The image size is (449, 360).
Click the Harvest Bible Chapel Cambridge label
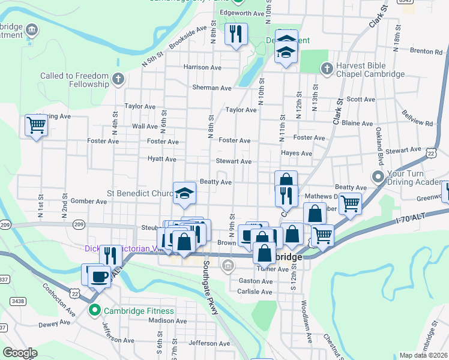tap(371, 70)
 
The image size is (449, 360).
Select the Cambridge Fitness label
tap(139, 311)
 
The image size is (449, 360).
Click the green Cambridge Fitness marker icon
tap(94, 310)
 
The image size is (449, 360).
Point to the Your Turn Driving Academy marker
tap(378, 177)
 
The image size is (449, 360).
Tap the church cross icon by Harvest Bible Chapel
tap(327, 69)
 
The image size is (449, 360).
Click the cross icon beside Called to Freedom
tap(118, 78)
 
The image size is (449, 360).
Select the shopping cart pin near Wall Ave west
tap(36, 126)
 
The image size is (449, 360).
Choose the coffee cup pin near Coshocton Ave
tap(99, 277)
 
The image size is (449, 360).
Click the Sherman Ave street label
tap(211, 88)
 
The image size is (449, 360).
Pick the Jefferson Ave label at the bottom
tap(209, 343)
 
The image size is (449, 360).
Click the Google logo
tap(20, 352)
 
